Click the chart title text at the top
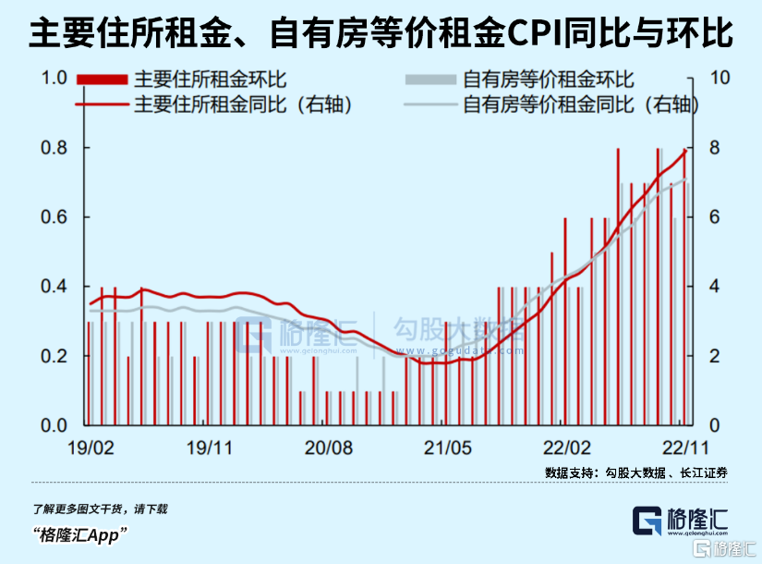381,34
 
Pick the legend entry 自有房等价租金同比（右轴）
578,104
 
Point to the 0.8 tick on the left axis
55,148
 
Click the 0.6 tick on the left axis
55,217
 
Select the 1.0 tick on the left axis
55,79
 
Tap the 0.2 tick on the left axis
55,356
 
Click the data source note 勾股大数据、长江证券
636,472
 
